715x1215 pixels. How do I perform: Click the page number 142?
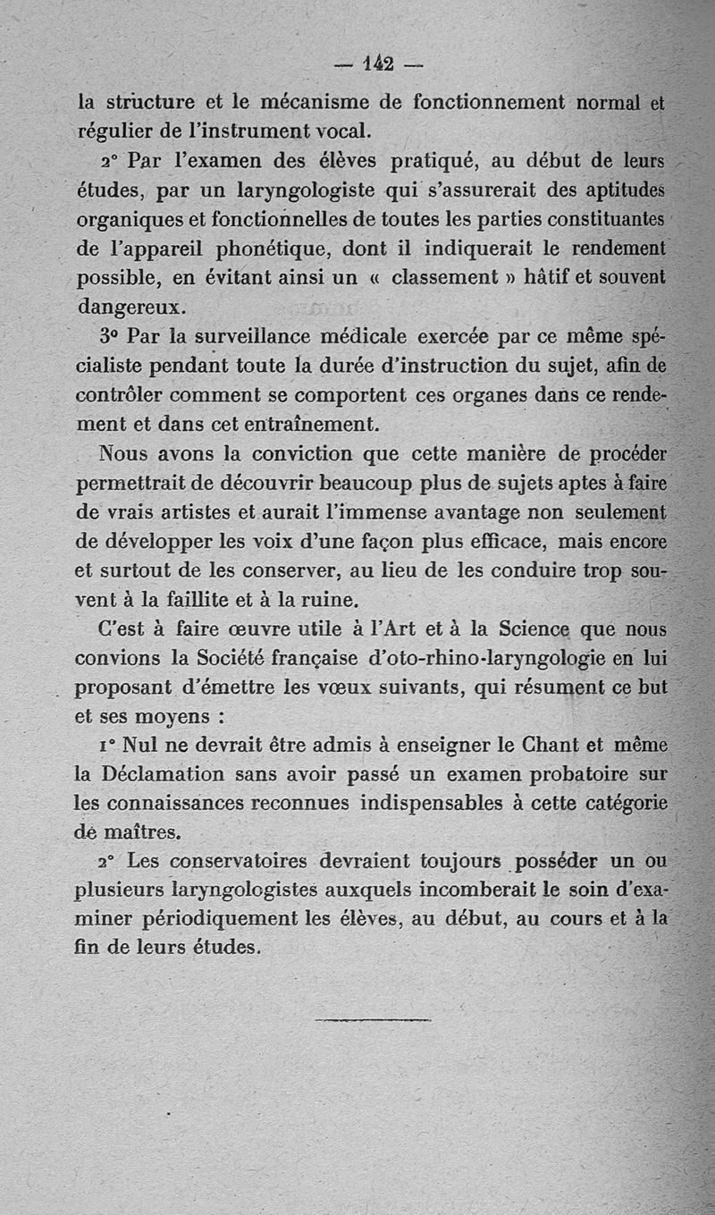pos(379,63)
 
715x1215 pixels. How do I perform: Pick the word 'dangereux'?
pos(130,307)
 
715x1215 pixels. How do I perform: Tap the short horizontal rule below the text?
pos(374,1018)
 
